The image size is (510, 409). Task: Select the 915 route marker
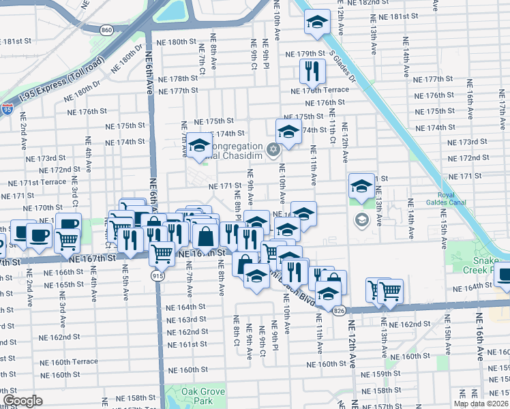[x=156, y=274]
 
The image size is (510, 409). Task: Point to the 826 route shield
[x=339, y=310]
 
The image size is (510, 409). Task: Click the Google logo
[x=22, y=401]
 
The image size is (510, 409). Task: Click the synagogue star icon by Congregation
[x=273, y=149]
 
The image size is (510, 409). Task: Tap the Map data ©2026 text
[x=479, y=404]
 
